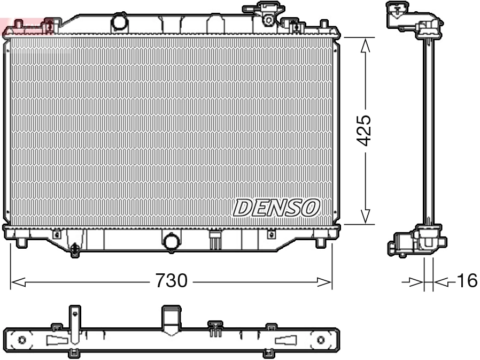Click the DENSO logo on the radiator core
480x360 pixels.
(x=277, y=207)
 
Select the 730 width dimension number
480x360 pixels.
(x=171, y=281)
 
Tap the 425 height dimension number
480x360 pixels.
(x=365, y=130)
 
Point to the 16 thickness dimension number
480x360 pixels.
(x=467, y=281)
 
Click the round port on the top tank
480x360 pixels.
(x=120, y=23)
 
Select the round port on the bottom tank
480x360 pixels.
(x=172, y=242)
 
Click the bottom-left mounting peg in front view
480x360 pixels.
(x=21, y=242)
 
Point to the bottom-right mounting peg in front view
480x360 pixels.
(x=320, y=242)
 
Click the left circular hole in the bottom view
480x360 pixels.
(x=22, y=340)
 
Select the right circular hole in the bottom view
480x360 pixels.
(x=321, y=340)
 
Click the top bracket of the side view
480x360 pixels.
(x=414, y=19)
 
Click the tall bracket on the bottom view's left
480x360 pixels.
(x=75, y=326)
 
